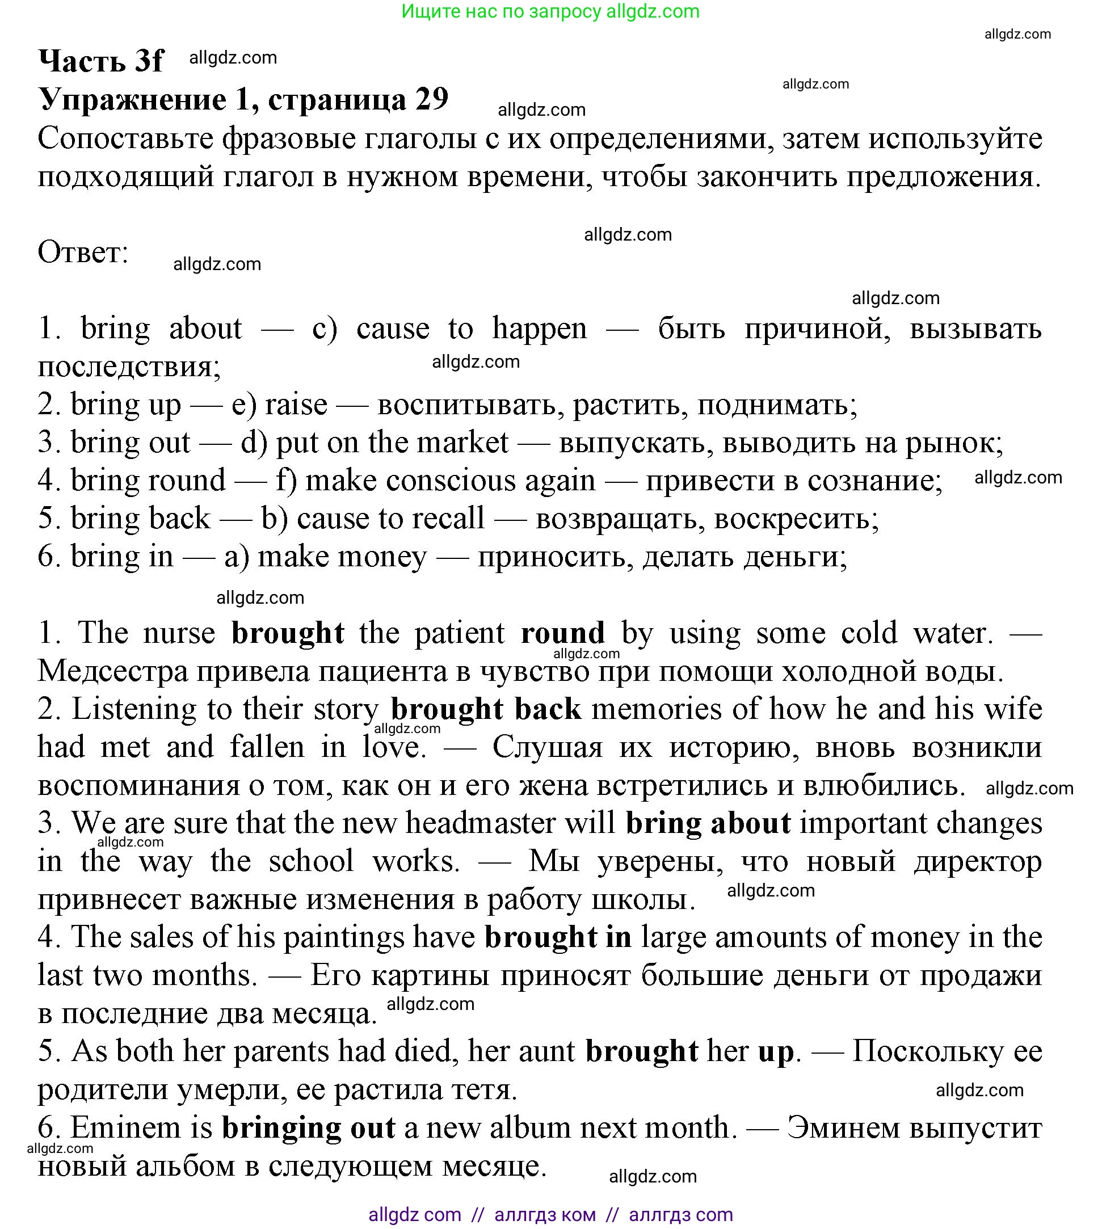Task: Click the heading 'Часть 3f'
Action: pyautogui.click(x=100, y=61)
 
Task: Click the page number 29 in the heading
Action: pyautogui.click(x=431, y=98)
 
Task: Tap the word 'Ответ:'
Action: pyautogui.click(x=83, y=252)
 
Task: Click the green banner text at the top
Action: pyautogui.click(x=550, y=11)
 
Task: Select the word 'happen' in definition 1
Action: pyautogui.click(x=539, y=329)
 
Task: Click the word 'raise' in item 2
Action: pyautogui.click(x=296, y=405)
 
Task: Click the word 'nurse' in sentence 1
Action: pyautogui.click(x=179, y=633)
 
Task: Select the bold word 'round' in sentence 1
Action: pyautogui.click(x=562, y=633)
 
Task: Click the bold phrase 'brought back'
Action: pyautogui.click(x=486, y=709)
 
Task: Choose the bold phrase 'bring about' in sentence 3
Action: pyautogui.click(x=707, y=823)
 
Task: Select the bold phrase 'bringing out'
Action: pyautogui.click(x=308, y=1129)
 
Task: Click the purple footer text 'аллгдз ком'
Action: pyautogui.click(x=544, y=1215)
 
